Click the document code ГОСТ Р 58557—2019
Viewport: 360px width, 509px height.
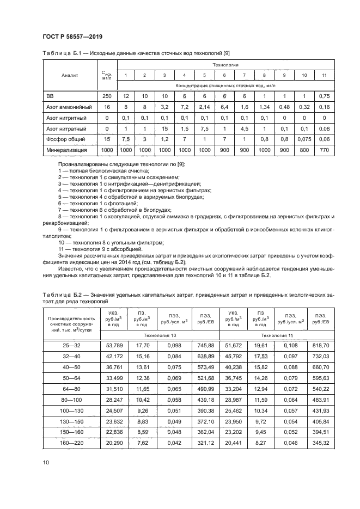click(73, 36)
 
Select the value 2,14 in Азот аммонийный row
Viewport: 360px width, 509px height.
click(204, 107)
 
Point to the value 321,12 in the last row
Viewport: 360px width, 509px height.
click(205, 444)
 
